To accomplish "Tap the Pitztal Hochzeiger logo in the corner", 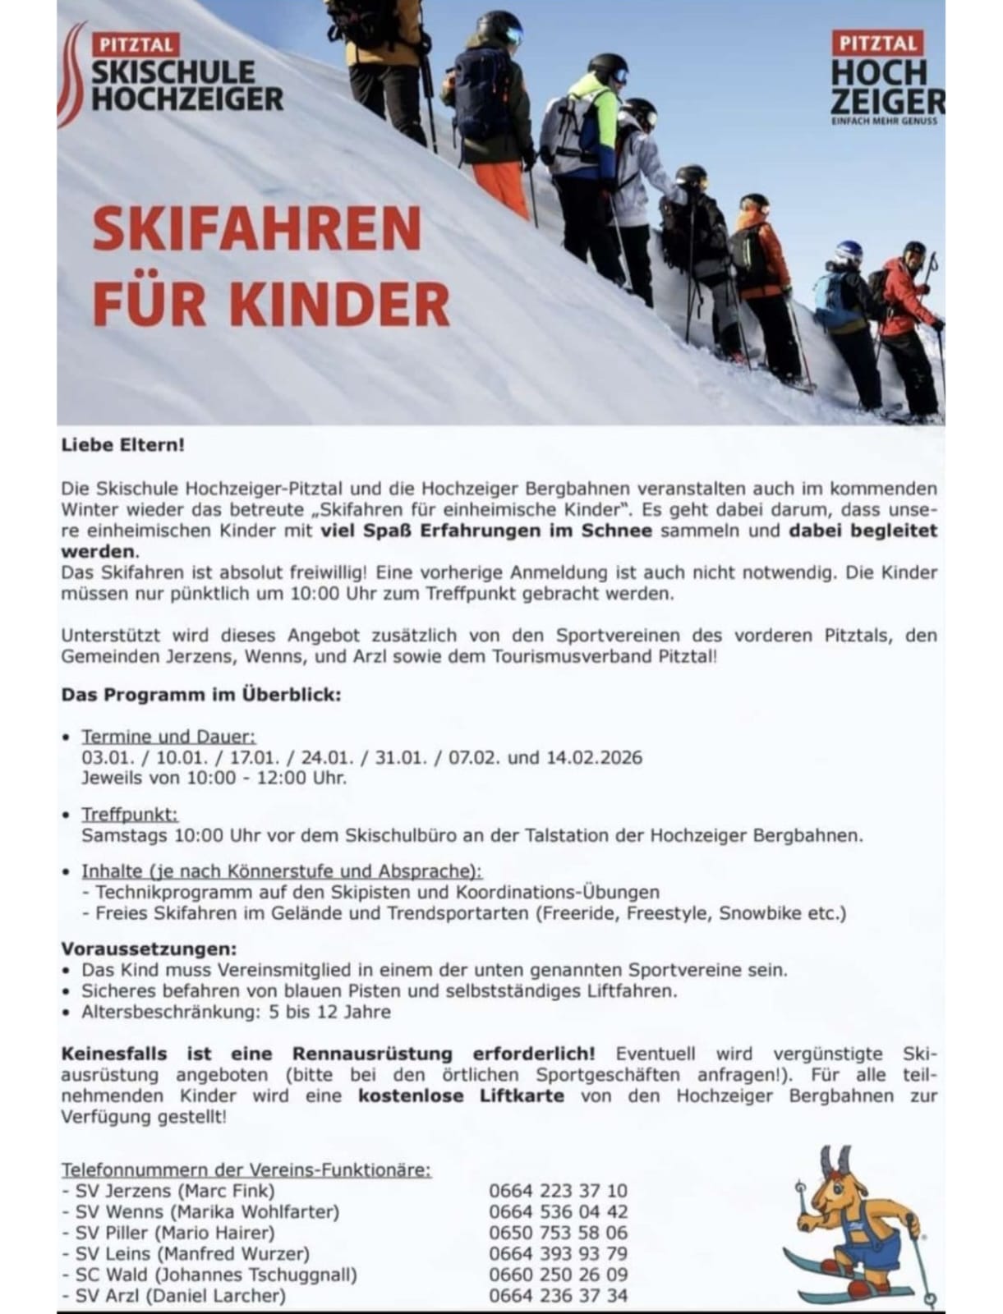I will pyautogui.click(x=886, y=78).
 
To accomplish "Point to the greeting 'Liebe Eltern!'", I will pyautogui.click(x=123, y=445).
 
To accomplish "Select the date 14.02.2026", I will pyautogui.click(x=594, y=757).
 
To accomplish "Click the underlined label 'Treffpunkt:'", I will pyautogui.click(x=130, y=815).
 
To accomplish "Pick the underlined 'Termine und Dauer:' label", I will pyautogui.click(x=168, y=737).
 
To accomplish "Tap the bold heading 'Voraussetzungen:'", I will pyautogui.click(x=149, y=949).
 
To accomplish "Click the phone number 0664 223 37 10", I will pyautogui.click(x=558, y=1190).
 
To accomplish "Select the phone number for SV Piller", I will pyautogui.click(x=558, y=1233).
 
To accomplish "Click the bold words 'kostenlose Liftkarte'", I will pyautogui.click(x=461, y=1096).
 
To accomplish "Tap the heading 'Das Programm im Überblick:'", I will pyautogui.click(x=200, y=695).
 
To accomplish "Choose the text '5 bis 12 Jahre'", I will pyautogui.click(x=330, y=1012).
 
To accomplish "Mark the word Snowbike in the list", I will pyautogui.click(x=760, y=912).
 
